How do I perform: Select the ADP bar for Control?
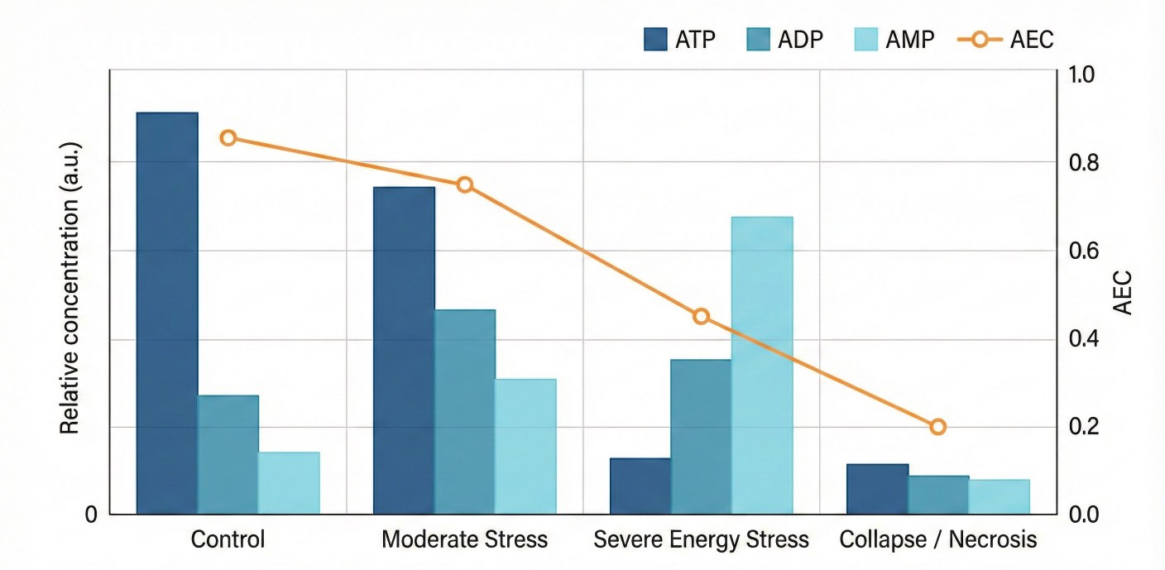coord(228,455)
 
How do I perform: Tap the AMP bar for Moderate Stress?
coord(525,447)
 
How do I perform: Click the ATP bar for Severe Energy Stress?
coord(640,486)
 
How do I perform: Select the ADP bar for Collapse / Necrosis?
coord(938,495)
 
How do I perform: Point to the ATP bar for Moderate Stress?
coord(404,351)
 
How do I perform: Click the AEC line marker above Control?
coord(228,138)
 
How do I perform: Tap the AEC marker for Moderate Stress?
coord(465,184)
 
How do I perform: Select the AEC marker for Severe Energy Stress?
coord(702,316)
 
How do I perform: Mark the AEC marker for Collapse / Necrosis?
coord(937,427)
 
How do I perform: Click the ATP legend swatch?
coord(655,39)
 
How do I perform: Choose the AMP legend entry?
coord(894,39)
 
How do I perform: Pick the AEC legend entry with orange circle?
coord(1005,39)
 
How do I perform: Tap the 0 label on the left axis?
coord(91,515)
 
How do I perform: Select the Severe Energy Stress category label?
coord(701,540)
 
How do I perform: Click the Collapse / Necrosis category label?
coord(937,540)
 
